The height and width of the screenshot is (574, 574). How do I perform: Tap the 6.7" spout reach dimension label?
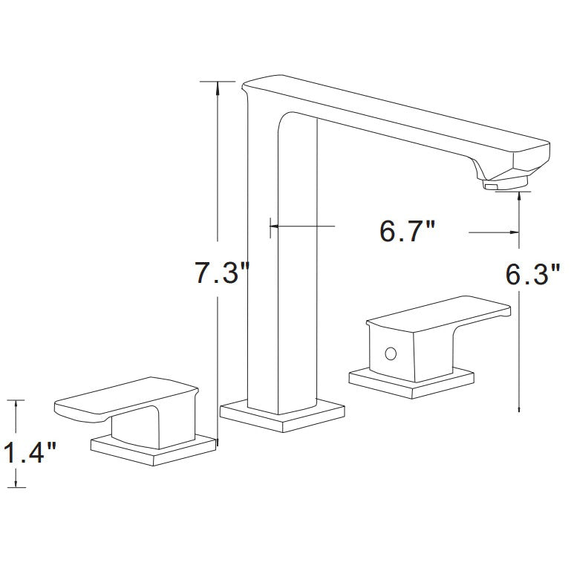tap(407, 231)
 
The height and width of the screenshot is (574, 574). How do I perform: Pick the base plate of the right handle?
tap(412, 382)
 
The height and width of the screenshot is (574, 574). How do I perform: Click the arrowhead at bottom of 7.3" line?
tap(217, 438)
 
